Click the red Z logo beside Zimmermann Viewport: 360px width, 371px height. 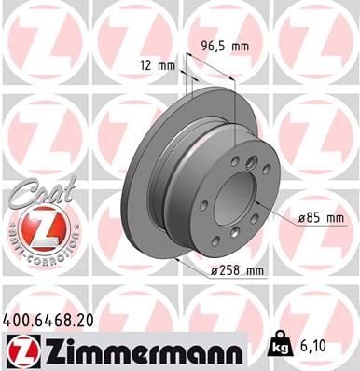[x=20, y=350]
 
